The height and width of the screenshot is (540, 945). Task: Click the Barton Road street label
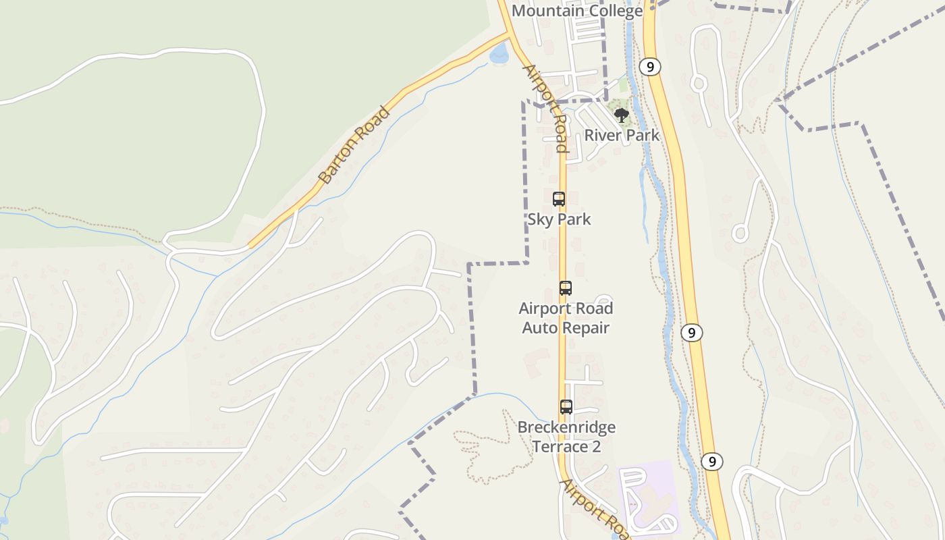tap(354, 145)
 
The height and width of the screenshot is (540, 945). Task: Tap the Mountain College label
tap(577, 11)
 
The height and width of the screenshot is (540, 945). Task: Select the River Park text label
tap(622, 135)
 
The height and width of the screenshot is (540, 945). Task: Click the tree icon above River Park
tap(622, 115)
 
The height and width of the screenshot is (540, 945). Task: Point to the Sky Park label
tap(559, 219)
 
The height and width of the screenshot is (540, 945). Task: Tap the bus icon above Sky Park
tap(559, 199)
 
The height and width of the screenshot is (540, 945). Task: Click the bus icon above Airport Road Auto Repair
tap(566, 288)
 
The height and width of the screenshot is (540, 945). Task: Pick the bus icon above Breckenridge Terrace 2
tap(566, 407)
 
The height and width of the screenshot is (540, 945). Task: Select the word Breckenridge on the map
tap(566, 427)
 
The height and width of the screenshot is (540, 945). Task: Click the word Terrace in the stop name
tap(560, 447)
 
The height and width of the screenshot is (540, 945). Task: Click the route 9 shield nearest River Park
tap(649, 66)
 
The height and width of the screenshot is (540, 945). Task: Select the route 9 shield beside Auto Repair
tap(691, 332)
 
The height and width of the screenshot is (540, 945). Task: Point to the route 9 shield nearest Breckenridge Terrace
tap(711, 462)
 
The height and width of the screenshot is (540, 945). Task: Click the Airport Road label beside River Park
tap(546, 108)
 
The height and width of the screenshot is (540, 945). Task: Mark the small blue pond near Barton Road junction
tap(499, 54)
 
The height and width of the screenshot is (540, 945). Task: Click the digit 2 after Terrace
tap(596, 447)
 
